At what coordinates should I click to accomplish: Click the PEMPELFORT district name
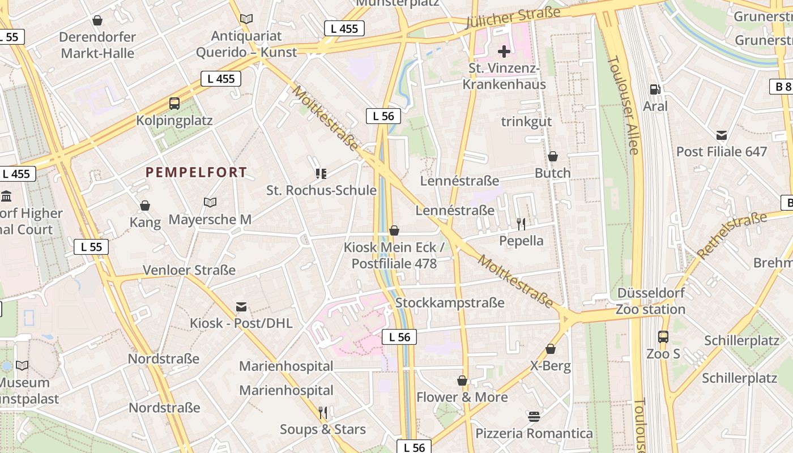click(196, 172)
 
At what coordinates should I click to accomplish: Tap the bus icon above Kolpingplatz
click(174, 104)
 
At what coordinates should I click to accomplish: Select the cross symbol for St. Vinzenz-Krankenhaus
click(504, 52)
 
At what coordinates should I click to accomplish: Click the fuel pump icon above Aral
click(655, 89)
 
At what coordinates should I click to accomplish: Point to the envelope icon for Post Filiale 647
click(722, 135)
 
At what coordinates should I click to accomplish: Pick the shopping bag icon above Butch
click(553, 156)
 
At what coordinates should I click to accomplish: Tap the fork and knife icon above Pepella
click(521, 224)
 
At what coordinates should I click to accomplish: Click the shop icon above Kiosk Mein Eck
click(394, 230)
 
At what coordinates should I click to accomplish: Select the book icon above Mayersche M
click(210, 202)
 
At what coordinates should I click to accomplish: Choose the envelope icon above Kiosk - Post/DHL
click(241, 307)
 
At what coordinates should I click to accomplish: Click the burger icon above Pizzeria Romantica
click(534, 417)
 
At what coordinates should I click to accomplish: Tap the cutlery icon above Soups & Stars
click(323, 413)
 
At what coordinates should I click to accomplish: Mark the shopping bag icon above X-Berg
click(551, 349)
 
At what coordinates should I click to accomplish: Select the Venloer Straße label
click(189, 270)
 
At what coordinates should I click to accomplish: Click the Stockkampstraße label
click(450, 303)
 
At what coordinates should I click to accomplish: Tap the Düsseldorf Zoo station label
click(651, 301)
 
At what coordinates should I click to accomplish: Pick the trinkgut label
click(526, 122)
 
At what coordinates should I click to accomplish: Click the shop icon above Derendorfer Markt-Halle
click(97, 21)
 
